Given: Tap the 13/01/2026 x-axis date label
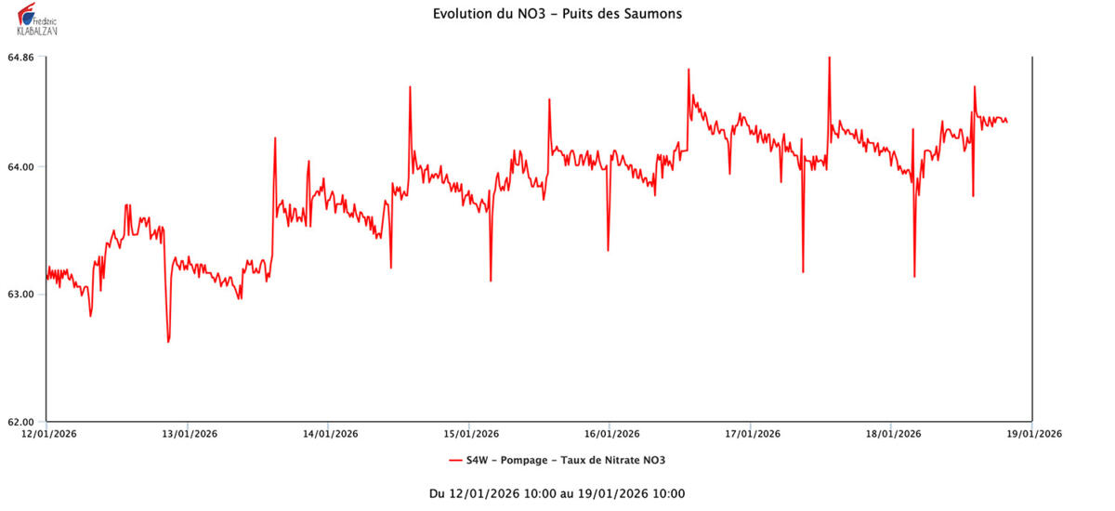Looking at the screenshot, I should (x=188, y=433).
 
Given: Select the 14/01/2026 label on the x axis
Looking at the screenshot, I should (x=329, y=433).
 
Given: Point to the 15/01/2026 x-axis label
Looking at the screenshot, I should (x=470, y=433).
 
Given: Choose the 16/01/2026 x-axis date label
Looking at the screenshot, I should (x=610, y=433).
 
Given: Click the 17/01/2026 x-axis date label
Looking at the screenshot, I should (x=752, y=433).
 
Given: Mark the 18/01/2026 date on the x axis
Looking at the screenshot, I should (x=892, y=433).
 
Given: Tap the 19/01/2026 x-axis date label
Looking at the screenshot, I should (x=1033, y=433).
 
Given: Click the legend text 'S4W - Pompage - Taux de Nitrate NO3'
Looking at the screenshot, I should (x=566, y=460).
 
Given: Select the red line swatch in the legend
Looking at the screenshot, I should (x=455, y=460).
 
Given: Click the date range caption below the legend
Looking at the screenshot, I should (x=557, y=493).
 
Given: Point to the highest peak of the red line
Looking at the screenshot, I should (x=829, y=58).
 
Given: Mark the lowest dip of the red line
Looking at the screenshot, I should (x=168, y=342).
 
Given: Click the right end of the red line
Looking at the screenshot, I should (x=1007, y=122).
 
